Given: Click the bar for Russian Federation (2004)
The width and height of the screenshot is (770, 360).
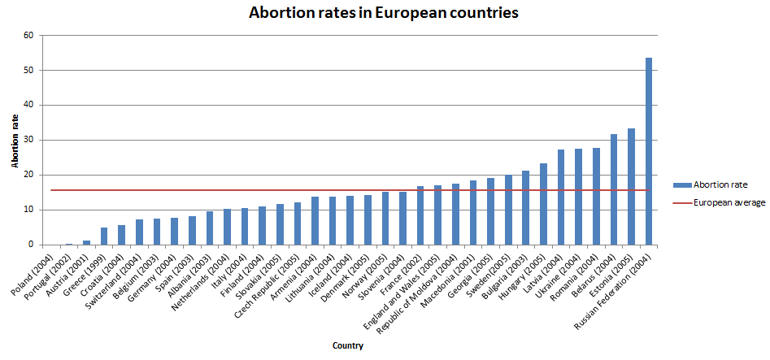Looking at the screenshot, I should click(649, 151).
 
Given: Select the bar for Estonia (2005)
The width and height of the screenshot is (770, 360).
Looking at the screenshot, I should click(631, 186).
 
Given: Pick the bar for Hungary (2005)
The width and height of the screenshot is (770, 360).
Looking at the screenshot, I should click(543, 204).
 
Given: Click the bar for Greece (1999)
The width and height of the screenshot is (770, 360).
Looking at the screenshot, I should click(104, 236).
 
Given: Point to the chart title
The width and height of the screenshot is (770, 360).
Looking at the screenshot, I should click(385, 13).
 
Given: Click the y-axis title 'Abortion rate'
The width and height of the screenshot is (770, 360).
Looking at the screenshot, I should click(15, 140).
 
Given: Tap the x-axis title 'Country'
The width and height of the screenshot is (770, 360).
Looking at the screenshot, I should click(347, 345).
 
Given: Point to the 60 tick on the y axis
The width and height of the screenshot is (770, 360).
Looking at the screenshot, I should click(29, 36).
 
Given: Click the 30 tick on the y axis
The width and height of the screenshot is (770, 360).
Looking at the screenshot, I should click(29, 140).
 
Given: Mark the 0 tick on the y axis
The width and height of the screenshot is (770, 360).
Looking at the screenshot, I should click(32, 245).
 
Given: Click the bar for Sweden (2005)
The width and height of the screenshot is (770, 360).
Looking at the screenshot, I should click(508, 210).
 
